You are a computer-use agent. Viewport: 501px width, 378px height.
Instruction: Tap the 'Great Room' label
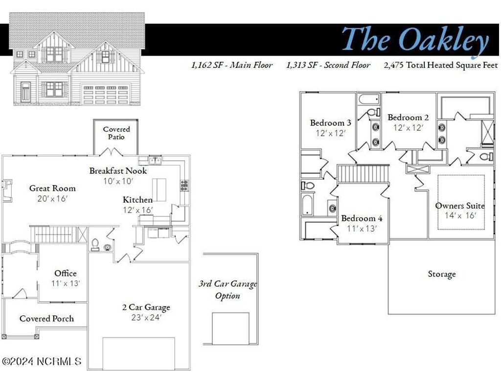(x=52, y=188)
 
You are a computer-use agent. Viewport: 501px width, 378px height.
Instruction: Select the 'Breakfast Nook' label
(x=118, y=170)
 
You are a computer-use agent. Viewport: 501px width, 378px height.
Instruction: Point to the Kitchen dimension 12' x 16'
(x=137, y=210)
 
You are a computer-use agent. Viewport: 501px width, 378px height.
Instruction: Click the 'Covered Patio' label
(x=116, y=133)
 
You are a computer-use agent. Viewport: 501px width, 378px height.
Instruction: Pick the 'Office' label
(x=65, y=273)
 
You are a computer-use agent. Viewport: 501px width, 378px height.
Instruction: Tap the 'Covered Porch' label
(x=46, y=318)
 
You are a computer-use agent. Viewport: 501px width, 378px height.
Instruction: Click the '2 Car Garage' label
(x=146, y=307)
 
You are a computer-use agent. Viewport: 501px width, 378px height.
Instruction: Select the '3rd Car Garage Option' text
(x=228, y=290)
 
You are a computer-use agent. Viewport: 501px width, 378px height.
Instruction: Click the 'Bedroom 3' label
(x=330, y=123)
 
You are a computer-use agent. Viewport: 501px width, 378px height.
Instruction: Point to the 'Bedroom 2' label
(x=408, y=117)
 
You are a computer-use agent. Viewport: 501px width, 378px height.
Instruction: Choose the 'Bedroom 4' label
(x=362, y=218)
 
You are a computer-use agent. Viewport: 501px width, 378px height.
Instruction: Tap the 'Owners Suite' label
(x=460, y=206)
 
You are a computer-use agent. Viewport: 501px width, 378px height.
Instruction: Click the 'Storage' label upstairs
(x=442, y=274)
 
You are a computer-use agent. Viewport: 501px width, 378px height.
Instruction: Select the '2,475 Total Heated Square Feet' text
(x=441, y=65)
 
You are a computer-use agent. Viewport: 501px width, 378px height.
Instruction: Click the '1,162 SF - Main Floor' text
(x=232, y=65)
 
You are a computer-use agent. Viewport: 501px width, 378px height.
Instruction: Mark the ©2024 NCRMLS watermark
(x=42, y=361)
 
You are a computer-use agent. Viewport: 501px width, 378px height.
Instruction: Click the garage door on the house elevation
(x=106, y=94)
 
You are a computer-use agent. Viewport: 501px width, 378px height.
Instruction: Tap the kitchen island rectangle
(x=159, y=190)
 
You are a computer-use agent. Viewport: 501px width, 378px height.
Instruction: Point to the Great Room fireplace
(x=7, y=191)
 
